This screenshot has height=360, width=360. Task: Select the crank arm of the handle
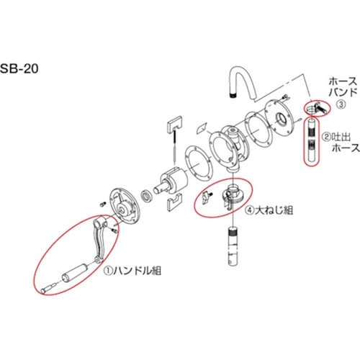point(100,241)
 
